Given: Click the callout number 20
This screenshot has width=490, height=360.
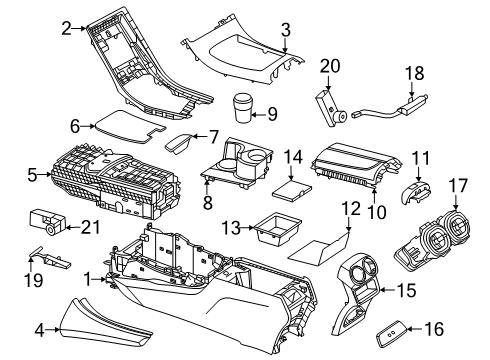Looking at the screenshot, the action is [330, 66].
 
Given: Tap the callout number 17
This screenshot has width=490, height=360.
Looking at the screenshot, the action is [458, 185].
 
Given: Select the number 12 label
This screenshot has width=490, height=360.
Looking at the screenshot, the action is [351, 209].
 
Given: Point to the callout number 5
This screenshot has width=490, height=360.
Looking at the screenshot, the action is [32, 175].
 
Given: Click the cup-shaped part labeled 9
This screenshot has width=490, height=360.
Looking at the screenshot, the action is [242, 107].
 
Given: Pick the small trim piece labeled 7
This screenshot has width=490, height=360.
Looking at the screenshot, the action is [179, 144].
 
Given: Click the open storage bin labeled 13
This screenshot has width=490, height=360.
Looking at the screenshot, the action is [277, 227].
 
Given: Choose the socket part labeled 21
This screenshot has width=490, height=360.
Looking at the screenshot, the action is [47, 222].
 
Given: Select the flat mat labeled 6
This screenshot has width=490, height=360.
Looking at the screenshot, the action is [130, 126].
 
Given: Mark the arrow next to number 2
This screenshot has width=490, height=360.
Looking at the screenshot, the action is [79, 28].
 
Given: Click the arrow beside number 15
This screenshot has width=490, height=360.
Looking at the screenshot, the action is [388, 290].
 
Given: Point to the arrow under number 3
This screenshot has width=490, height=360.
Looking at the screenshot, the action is [285, 45].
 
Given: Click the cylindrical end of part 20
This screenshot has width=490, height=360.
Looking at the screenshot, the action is [340, 117].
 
